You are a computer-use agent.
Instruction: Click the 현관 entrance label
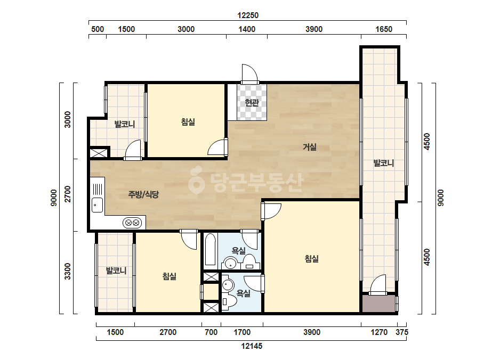point(252,102)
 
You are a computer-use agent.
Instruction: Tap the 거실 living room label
point(309,147)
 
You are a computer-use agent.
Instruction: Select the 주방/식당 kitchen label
point(143,194)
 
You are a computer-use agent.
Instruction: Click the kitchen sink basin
point(97,205)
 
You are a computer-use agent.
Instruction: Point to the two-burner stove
point(132,223)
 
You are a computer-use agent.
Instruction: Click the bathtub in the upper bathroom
point(210,250)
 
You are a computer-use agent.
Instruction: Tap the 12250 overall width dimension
point(248,15)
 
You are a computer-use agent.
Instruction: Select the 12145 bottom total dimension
point(252,346)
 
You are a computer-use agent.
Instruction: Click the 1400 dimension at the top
point(247,29)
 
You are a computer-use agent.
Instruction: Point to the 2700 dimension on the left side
point(68,194)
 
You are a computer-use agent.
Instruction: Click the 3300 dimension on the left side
point(68,271)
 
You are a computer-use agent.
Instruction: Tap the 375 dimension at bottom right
point(402,332)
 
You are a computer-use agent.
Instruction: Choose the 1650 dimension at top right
point(384,29)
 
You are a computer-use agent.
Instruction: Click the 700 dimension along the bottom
point(211,332)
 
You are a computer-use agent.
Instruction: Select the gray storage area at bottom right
point(378,303)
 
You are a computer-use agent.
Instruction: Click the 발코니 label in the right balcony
point(383,163)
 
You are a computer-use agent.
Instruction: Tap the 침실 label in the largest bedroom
point(312,259)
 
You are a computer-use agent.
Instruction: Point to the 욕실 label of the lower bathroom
point(243,293)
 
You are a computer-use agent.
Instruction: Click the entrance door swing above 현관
point(250,74)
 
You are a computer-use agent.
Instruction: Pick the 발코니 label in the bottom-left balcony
point(116,271)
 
